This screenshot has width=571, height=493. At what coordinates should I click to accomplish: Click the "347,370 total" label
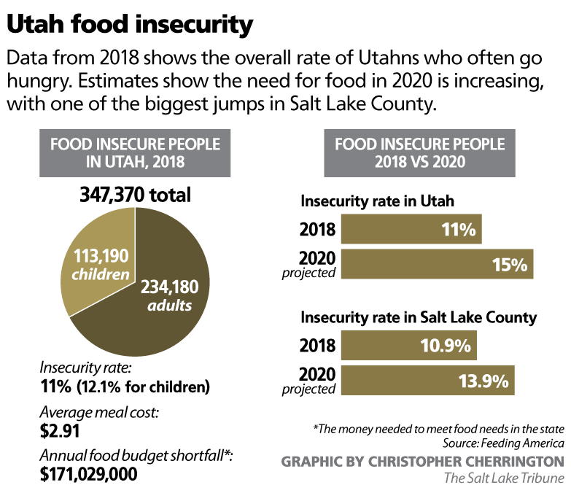(135, 195)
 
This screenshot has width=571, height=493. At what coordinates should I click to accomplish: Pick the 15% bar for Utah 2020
(437, 264)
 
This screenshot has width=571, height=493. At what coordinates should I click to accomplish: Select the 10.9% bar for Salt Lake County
(408, 345)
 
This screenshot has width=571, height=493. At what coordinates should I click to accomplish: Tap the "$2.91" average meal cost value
(60, 430)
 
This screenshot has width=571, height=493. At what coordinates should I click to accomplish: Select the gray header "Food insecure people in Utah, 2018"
(135, 152)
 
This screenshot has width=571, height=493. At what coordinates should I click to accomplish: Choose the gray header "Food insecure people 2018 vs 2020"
(419, 152)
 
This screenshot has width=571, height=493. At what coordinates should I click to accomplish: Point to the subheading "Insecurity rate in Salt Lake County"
(419, 317)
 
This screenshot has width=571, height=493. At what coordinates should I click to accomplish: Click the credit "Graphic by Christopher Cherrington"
(422, 462)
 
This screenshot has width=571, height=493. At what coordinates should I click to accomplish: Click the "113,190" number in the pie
(101, 256)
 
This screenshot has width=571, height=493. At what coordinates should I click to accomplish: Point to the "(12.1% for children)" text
(147, 386)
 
